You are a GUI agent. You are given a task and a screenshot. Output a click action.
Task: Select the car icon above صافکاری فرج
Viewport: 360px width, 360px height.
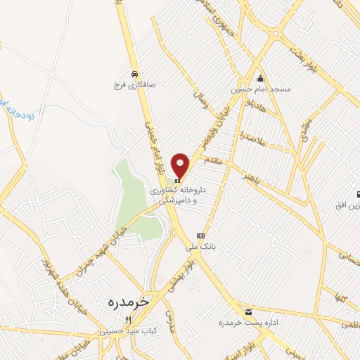(134, 73)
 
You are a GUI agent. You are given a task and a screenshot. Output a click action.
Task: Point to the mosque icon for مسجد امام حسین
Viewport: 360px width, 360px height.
(261, 78)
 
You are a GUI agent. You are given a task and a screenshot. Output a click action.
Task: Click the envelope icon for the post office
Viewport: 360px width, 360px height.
(247, 311)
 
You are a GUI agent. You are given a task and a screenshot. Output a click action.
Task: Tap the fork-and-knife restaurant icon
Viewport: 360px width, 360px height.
(128, 319)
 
